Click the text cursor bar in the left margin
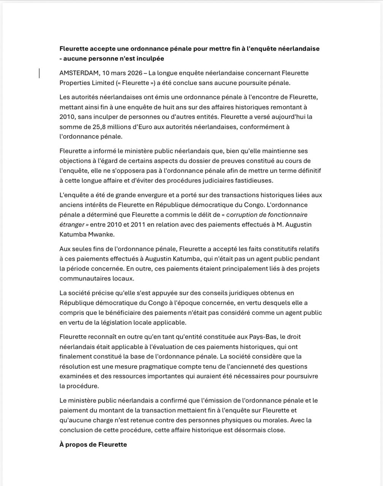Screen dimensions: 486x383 (40, 73)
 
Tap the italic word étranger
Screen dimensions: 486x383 (71, 225)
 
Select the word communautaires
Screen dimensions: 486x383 (84, 279)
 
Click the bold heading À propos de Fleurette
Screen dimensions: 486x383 (93, 445)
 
